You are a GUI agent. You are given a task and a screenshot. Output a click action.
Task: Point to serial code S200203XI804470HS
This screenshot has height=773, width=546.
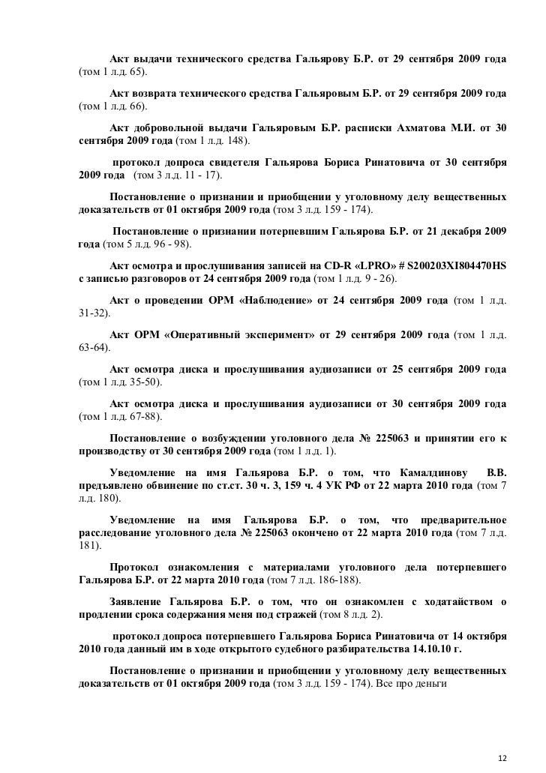click(445, 266)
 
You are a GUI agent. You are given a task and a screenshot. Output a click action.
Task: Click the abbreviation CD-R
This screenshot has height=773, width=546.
click(327, 266)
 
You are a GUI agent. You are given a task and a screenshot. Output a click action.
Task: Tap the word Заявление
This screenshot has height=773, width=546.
click(136, 602)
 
